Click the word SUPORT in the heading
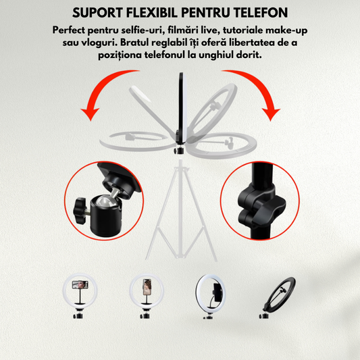pyautogui.click(x=97, y=13)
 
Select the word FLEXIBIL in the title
pyautogui.click(x=152, y=13)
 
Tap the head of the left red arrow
pyautogui.click(x=91, y=113)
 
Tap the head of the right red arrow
pyautogui.click(x=271, y=114)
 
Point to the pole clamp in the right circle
pyautogui.click(x=261, y=205)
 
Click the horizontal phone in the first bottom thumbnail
pyautogui.click(x=80, y=285)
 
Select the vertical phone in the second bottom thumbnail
pyautogui.click(x=147, y=287)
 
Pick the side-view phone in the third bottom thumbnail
pyautogui.click(x=217, y=292)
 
